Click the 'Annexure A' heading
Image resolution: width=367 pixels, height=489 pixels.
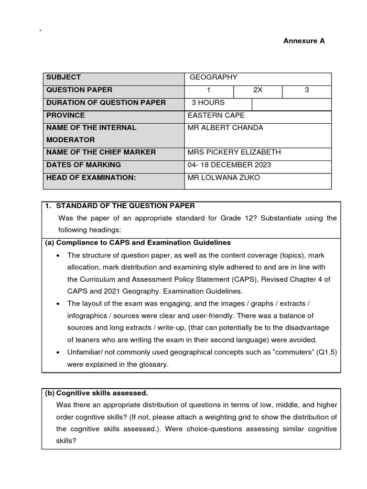(304, 41)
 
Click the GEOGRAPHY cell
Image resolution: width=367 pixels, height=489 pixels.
(213, 77)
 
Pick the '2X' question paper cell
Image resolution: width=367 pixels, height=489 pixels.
(258, 90)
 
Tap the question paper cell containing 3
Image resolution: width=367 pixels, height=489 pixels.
(307, 90)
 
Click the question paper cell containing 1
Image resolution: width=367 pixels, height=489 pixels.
(209, 90)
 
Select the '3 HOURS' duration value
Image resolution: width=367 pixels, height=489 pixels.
(208, 103)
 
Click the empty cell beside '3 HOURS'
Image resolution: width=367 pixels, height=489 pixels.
(291, 104)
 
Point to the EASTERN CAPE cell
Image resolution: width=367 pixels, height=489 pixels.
(216, 115)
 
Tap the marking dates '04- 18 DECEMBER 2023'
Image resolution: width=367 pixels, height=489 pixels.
(230, 165)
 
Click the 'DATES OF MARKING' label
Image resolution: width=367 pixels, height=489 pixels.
(83, 165)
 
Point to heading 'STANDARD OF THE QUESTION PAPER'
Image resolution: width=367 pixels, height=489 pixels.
(126, 206)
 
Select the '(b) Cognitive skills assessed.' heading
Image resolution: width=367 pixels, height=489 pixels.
(97, 393)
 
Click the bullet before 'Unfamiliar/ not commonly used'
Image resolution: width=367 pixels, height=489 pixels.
(58, 352)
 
